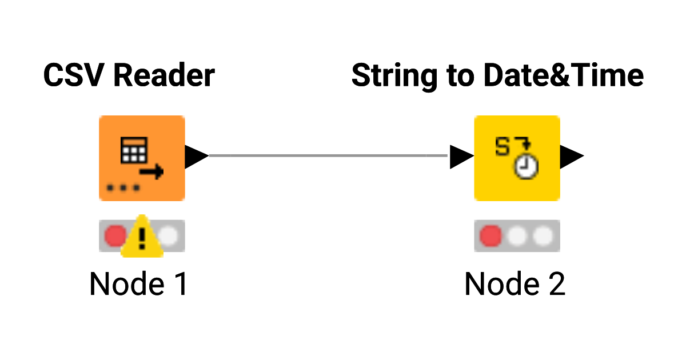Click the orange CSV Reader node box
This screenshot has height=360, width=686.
point(142,158)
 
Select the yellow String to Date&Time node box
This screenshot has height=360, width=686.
point(517,158)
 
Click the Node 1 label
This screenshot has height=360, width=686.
point(139,284)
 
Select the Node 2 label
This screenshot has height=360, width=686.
point(514,284)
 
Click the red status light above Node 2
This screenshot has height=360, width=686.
point(490,235)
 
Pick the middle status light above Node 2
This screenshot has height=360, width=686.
point(517,235)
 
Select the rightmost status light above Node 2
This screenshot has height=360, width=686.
point(543,235)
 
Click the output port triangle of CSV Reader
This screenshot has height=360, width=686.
point(196,156)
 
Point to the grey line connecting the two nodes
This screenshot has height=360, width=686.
point(329,155)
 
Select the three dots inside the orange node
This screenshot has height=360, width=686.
point(122,187)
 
